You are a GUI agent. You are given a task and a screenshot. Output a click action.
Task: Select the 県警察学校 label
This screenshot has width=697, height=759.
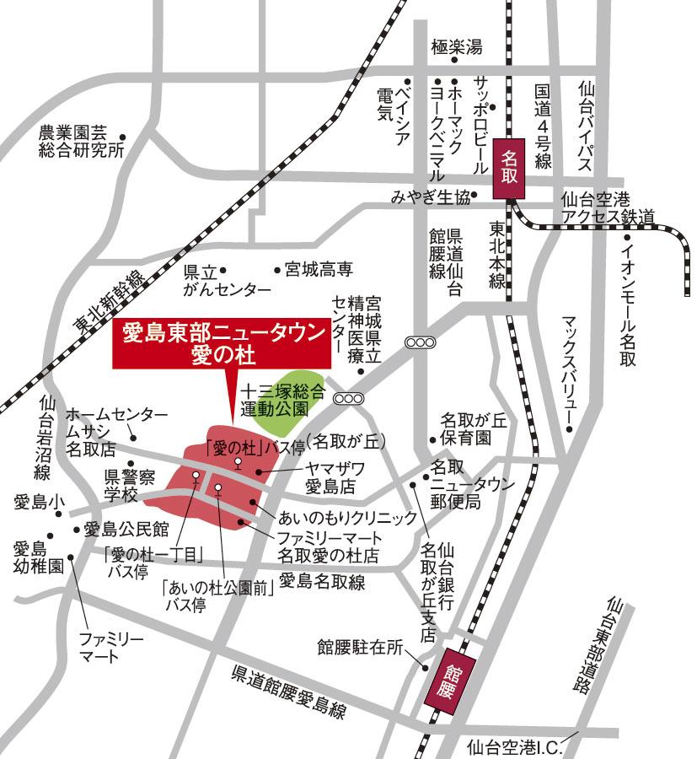click(129, 485)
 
